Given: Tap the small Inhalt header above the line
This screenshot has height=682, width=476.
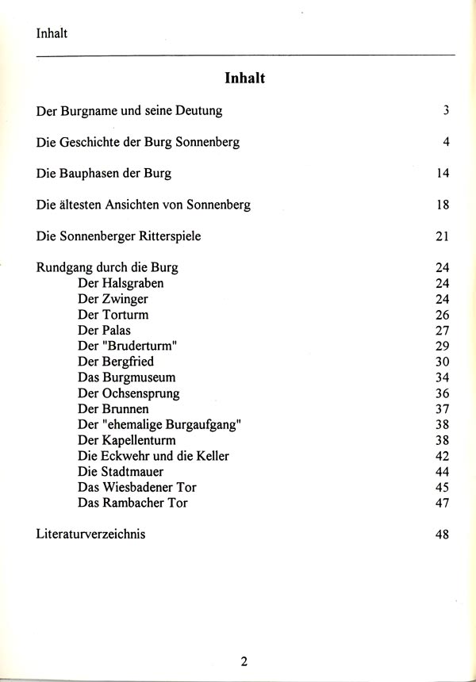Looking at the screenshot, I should pos(52,33).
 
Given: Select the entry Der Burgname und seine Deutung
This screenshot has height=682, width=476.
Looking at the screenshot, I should pos(129,111).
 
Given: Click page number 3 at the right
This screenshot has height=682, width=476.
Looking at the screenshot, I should pos(447,110).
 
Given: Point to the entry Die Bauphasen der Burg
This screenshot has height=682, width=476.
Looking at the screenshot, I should pos(104,173).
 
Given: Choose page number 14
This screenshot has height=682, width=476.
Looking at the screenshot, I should pos(443,173).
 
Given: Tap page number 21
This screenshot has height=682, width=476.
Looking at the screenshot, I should pos(443,236).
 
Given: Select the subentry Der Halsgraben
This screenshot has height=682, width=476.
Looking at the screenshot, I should pos(121,283).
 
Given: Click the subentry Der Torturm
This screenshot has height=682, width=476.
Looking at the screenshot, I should pos(113,315).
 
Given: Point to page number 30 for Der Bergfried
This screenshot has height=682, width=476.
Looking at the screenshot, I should pos(443,362).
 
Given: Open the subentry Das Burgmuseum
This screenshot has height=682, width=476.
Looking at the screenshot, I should pos(127,377).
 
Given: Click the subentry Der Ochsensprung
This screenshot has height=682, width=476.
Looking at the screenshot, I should pos(129,393).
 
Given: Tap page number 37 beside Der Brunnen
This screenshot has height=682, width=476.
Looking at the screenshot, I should pos(443,408).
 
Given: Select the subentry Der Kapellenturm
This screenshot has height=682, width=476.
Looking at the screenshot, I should pos(127,440).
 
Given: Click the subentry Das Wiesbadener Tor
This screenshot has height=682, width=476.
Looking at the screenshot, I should pos(137,487).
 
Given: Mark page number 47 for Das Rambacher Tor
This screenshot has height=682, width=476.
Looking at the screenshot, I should pos(443,503).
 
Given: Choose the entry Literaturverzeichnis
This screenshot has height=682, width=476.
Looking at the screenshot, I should pos(91,534).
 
